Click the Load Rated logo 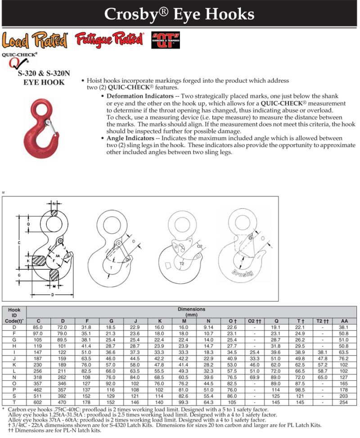click(35, 40)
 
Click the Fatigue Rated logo click(109, 39)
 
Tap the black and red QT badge click(165, 40)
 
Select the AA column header click(344, 321)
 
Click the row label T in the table click(14, 402)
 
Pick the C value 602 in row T click(38, 402)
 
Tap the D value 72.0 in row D click(62, 327)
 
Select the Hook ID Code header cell click(14, 316)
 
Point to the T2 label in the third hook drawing click(182, 263)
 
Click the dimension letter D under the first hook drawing click(53, 295)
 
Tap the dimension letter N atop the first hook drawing click(54, 204)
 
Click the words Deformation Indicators click(140, 96)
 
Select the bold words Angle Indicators click(130, 138)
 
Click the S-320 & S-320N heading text click(44, 73)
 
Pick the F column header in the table click(87, 321)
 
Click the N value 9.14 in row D click(208, 327)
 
